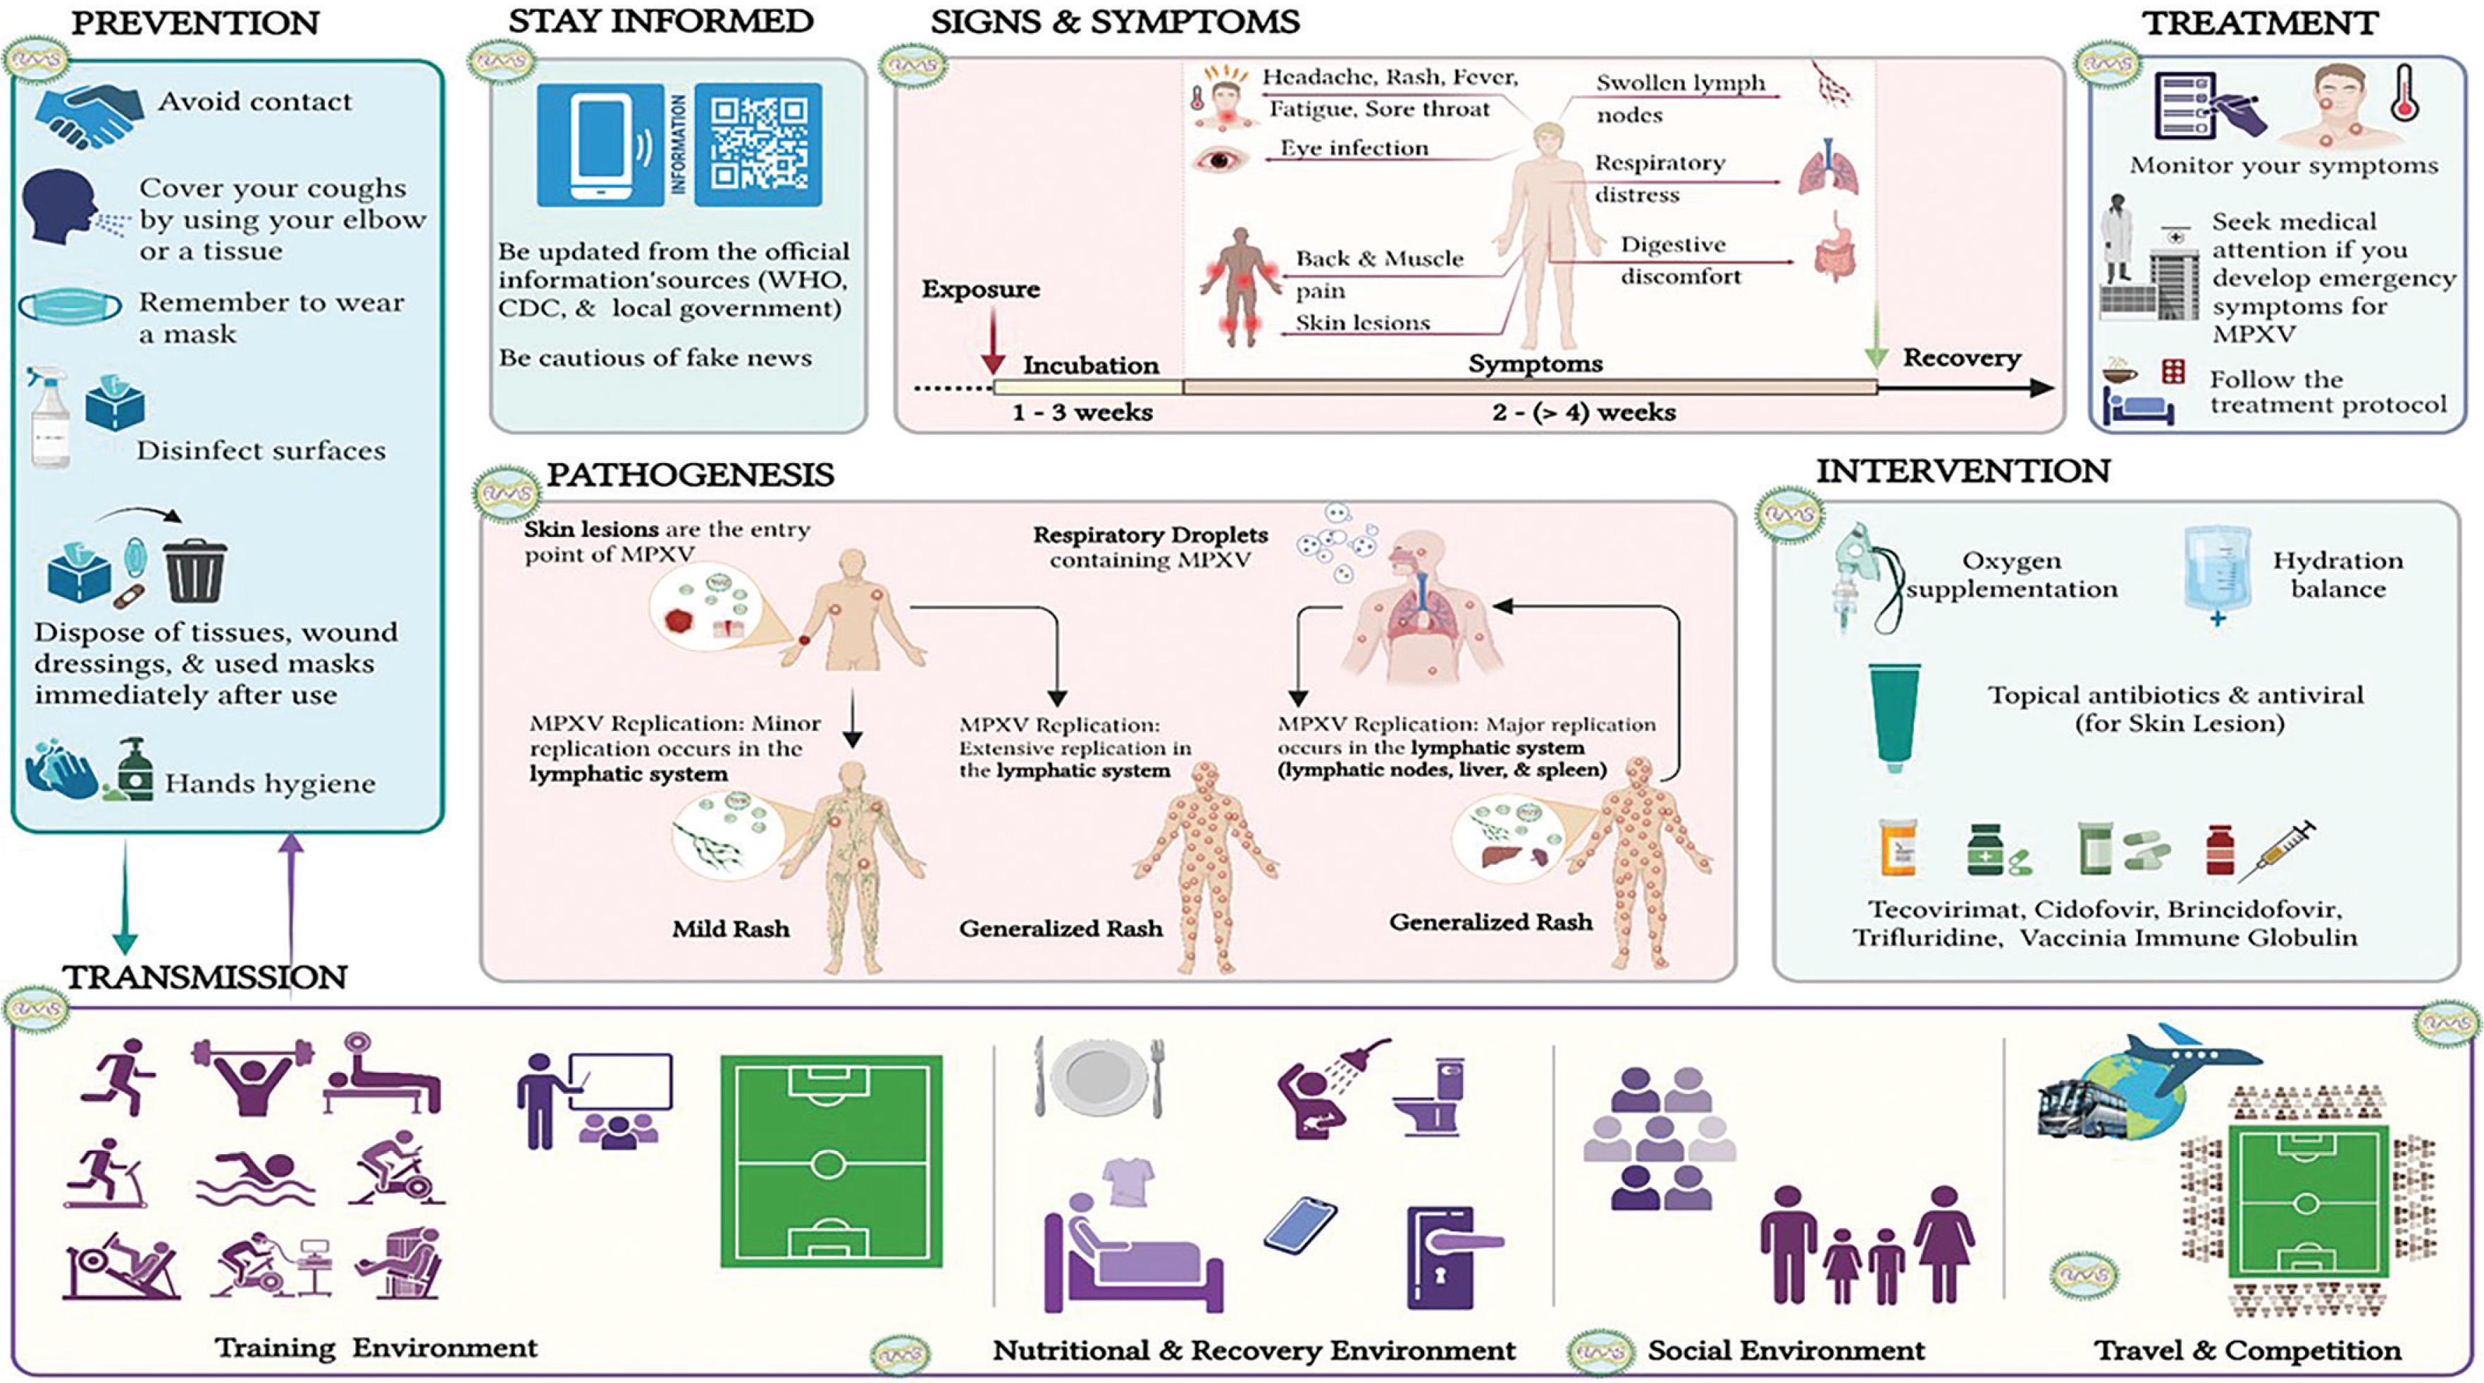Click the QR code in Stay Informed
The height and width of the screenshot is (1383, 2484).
click(758, 145)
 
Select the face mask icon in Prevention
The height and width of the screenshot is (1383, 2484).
click(70, 307)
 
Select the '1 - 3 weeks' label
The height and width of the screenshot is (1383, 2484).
click(1082, 413)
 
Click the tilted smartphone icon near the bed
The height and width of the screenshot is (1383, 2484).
click(1300, 1225)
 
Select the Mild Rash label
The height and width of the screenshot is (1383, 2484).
click(730, 929)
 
